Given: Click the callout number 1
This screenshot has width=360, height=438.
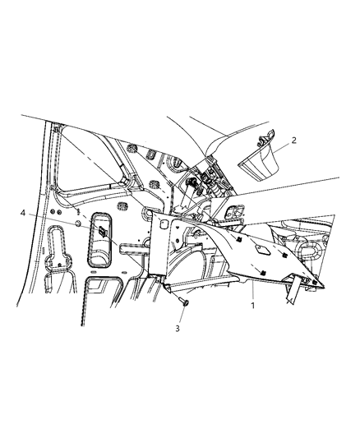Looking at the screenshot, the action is click(253, 306).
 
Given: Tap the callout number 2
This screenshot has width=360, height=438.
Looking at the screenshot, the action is click(293, 141).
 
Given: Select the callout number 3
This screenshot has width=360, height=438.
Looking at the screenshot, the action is click(178, 329).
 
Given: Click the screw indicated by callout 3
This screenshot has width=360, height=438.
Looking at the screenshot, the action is click(185, 302).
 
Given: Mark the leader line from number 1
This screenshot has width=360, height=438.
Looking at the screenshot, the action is click(253, 292).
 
